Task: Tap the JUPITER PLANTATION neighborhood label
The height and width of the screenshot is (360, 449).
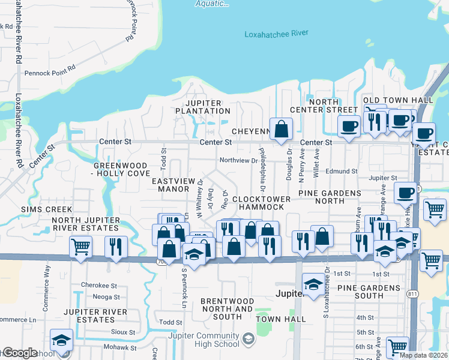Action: [x=203, y=107]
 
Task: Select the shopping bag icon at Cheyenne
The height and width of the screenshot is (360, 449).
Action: [x=281, y=129]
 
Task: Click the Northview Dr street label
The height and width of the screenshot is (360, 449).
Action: [x=238, y=160]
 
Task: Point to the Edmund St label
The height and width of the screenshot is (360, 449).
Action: [x=341, y=171]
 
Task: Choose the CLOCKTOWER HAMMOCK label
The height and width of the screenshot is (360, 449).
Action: [x=261, y=203]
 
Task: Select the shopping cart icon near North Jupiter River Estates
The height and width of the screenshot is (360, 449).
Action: [x=80, y=246]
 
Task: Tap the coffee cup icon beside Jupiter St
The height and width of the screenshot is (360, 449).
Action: [x=406, y=193]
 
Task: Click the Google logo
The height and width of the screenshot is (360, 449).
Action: [x=20, y=353]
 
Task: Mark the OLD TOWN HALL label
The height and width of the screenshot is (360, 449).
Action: [x=398, y=100]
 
